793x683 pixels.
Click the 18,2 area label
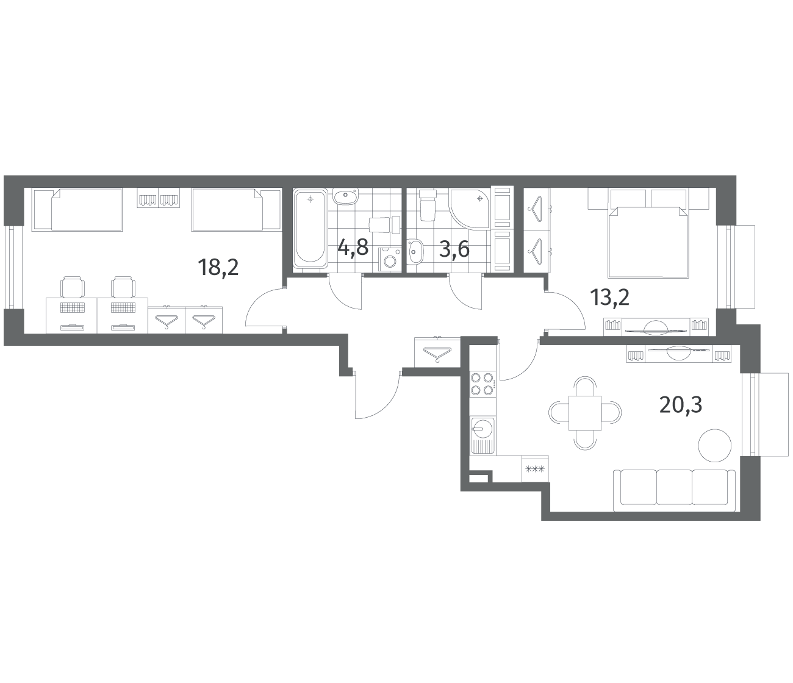(218, 267)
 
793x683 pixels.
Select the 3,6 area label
(454, 249)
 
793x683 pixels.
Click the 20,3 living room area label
(681, 405)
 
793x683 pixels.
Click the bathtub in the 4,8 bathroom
(310, 228)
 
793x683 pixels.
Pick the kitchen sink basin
(483, 428)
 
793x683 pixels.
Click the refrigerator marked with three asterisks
(535, 468)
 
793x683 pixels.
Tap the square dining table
(584, 413)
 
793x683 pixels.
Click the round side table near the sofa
(714, 446)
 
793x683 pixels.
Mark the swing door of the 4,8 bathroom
(345, 292)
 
